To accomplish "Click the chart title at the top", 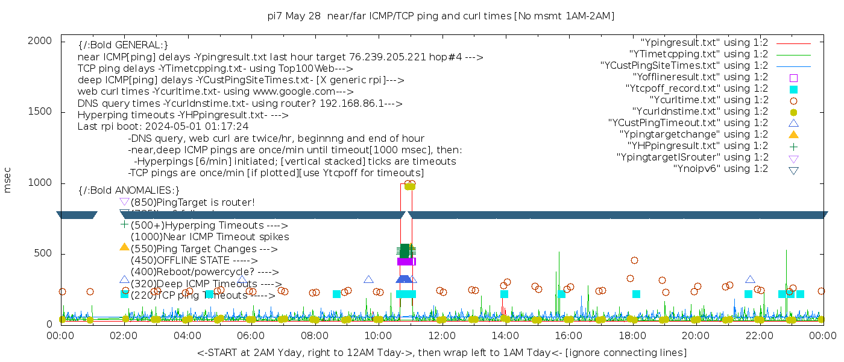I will click(441, 16).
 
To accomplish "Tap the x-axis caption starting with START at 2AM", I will click(441, 352).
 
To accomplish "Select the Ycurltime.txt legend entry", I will click(708, 100).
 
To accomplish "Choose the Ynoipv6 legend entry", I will click(720, 169).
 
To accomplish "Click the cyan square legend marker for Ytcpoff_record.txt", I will click(793, 89).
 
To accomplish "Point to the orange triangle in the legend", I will click(793, 135).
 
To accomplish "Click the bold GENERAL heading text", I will click(123, 45).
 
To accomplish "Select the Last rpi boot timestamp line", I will click(163, 127).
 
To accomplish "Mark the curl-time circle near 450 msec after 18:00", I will click(634, 261).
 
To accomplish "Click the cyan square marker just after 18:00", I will click(636, 294).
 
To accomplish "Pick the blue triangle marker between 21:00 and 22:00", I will click(750, 280).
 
